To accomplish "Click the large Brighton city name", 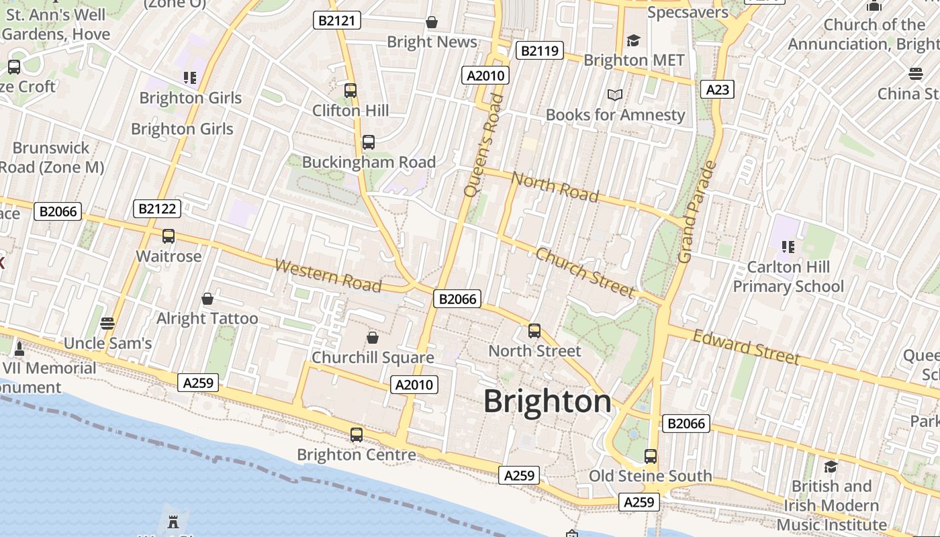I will click(547, 401).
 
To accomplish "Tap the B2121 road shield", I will click(337, 21).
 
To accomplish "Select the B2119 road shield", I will click(539, 50).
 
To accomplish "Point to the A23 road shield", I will click(716, 89).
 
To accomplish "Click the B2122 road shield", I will click(157, 209).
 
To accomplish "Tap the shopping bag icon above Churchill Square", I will click(373, 337).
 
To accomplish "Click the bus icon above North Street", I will click(534, 330).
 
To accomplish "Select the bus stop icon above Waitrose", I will click(169, 236).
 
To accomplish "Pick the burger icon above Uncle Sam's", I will click(107, 324).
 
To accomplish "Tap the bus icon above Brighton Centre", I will click(357, 434).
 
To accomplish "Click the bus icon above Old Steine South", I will click(650, 456).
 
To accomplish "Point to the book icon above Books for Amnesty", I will click(615, 95).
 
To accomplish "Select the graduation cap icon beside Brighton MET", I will click(633, 41).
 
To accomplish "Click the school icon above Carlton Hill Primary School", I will click(788, 247).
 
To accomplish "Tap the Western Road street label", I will click(328, 275).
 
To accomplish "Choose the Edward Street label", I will click(746, 346).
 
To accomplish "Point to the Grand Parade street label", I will click(697, 211).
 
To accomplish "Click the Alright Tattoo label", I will click(207, 318).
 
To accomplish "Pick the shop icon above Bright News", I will click(432, 22).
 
